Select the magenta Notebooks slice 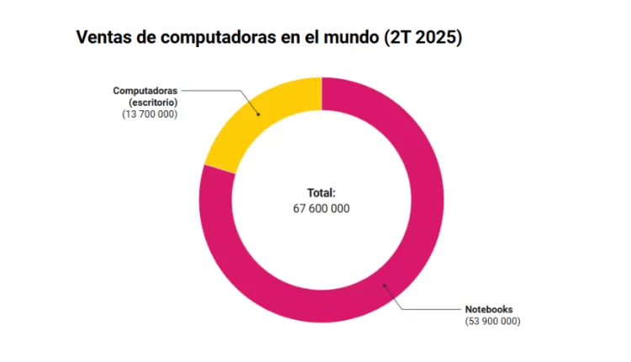tap(404, 253)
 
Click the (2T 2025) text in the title tap(421, 39)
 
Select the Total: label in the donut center tap(321, 192)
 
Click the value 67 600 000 tap(321, 207)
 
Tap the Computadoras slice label tap(145, 89)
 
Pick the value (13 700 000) tap(150, 113)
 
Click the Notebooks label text tap(489, 309)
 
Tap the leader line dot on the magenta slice tap(385, 286)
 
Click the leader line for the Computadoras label tap(219, 89)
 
